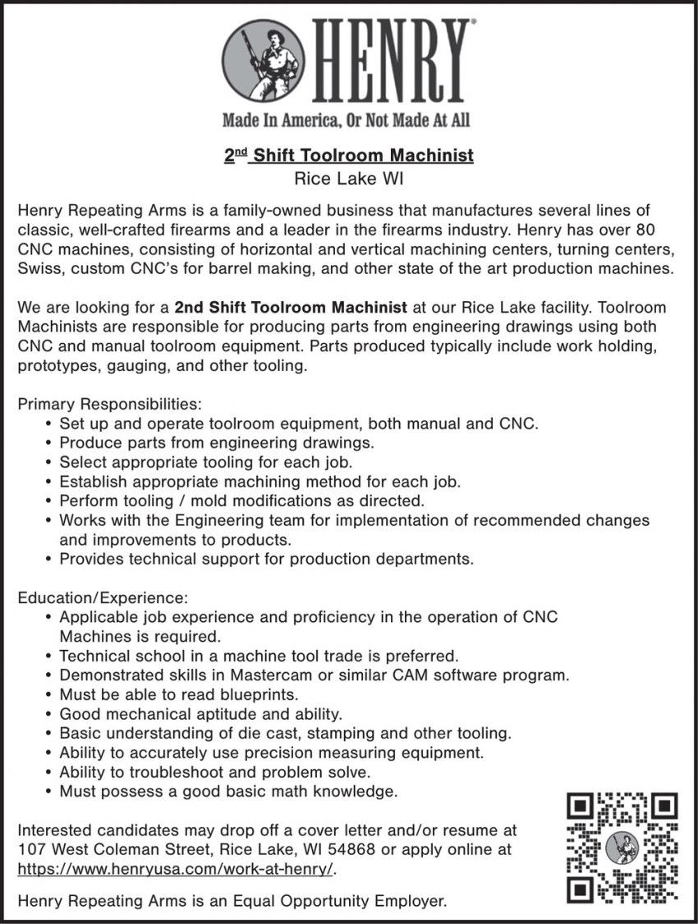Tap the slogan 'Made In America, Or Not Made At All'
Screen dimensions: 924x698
coord(347,121)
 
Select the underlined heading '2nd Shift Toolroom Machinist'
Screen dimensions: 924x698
coord(349,154)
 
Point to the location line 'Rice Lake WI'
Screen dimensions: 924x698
coord(349,177)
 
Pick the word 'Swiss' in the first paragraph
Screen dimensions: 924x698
coord(39,268)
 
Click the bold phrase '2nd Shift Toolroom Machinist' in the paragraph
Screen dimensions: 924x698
coord(291,308)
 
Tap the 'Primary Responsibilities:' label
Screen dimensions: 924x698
coord(109,405)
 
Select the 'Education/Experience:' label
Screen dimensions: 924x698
coord(103,597)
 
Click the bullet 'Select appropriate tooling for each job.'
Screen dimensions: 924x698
coord(205,462)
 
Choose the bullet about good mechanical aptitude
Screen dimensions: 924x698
coord(200,714)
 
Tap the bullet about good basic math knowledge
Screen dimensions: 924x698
coord(228,792)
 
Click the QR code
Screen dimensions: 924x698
coord(622,844)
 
